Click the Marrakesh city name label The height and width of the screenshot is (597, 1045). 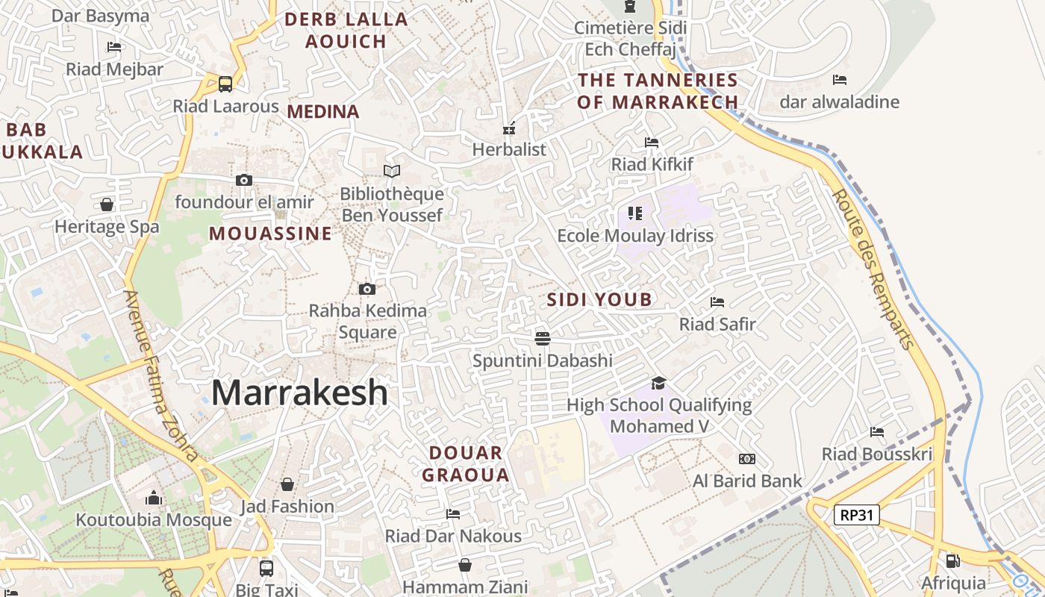[x=299, y=393]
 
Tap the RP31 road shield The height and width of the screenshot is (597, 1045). [x=856, y=514]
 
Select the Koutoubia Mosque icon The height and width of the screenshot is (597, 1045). [x=154, y=498]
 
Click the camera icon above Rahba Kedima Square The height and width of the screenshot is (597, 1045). [x=366, y=289]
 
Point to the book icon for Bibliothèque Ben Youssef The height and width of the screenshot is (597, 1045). [x=392, y=172]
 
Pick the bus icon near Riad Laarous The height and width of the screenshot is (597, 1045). [x=225, y=84]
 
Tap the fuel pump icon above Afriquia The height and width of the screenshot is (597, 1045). [x=952, y=560]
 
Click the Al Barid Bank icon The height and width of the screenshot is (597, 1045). [x=746, y=459]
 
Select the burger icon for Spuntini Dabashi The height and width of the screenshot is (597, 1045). [x=543, y=339]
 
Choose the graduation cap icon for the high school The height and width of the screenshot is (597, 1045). [x=658, y=383]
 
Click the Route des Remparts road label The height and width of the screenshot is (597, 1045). [x=873, y=269]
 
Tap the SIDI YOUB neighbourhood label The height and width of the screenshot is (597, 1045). [x=599, y=300]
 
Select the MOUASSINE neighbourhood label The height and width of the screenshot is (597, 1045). [x=270, y=234]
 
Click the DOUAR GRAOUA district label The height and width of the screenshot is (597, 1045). [x=466, y=463]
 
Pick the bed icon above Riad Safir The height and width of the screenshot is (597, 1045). [x=717, y=302]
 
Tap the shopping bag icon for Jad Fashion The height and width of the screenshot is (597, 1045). [x=287, y=484]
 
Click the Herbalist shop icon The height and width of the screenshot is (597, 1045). [x=510, y=128]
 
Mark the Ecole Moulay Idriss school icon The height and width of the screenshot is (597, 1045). [x=635, y=214]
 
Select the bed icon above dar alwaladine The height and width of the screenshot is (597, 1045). [x=840, y=80]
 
